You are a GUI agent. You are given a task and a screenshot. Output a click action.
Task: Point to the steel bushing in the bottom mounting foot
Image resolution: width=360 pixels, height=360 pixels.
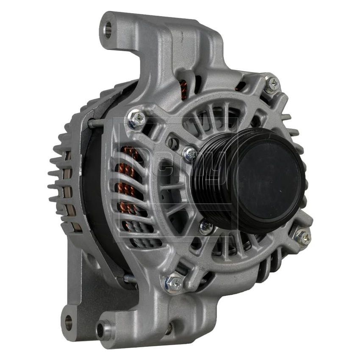tap(103, 330)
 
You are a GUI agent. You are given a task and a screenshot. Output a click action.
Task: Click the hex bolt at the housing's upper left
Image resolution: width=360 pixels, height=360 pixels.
tap(136, 119)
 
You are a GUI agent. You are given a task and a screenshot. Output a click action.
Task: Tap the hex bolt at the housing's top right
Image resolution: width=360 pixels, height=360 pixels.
tap(271, 84)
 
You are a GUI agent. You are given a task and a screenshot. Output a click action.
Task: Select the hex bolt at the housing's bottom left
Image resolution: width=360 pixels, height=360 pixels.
tap(174, 282)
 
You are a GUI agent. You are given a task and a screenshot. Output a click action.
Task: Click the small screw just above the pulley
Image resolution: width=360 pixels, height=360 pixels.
tap(189, 153)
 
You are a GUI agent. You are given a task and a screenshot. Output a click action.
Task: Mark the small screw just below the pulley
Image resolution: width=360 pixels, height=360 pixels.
tap(206, 227)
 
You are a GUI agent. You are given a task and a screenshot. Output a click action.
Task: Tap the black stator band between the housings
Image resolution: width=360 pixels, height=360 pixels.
tap(93, 191)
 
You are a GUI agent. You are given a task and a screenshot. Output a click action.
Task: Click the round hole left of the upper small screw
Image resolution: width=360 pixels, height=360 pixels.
tap(173, 143)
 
